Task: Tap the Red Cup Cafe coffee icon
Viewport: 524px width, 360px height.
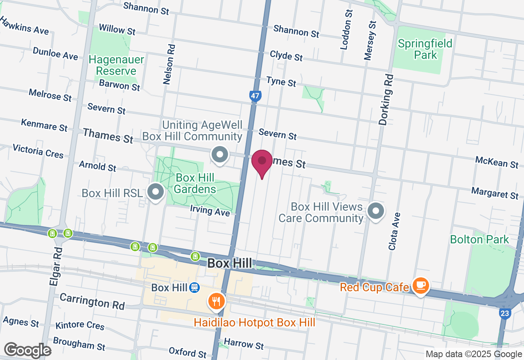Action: point(420,285)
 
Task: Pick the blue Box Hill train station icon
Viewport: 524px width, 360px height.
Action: point(194,288)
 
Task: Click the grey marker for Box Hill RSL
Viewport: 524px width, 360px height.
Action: point(156,192)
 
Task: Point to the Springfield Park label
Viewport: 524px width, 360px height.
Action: point(425,49)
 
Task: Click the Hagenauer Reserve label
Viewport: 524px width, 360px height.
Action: point(116,65)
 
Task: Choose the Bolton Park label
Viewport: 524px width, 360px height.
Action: point(479,239)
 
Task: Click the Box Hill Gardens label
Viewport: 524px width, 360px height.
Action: point(196,183)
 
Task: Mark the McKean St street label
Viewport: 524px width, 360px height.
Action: point(497,162)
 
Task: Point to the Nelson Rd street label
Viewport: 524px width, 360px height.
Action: point(168,64)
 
